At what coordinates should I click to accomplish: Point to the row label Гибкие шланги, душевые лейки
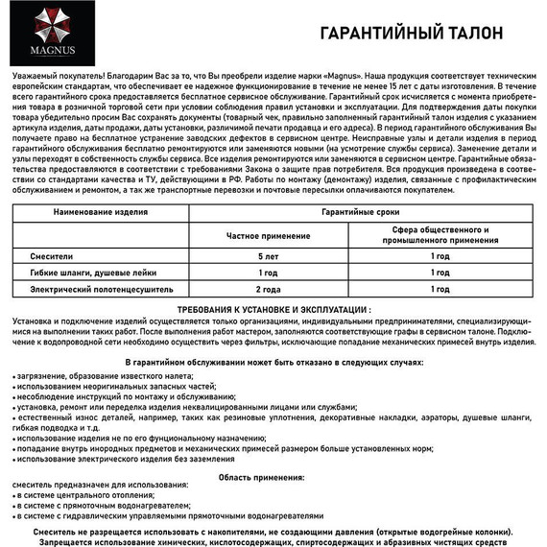[86, 273]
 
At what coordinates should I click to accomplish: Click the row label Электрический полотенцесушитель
[94, 288]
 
